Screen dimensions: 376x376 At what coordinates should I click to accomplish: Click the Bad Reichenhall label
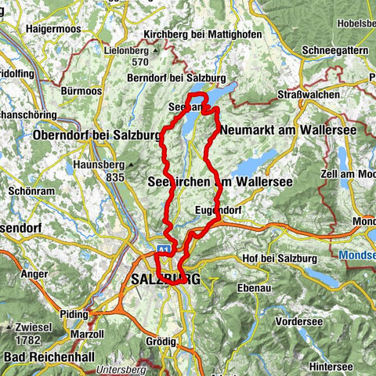coord(48,357)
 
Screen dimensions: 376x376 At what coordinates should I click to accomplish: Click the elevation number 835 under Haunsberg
coord(116,179)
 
